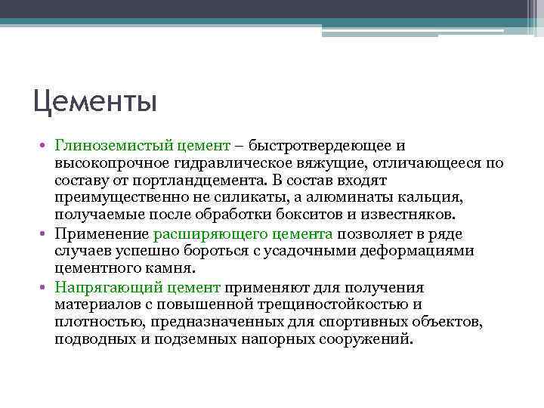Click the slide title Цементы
pos(95,101)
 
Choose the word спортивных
pos(373,323)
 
